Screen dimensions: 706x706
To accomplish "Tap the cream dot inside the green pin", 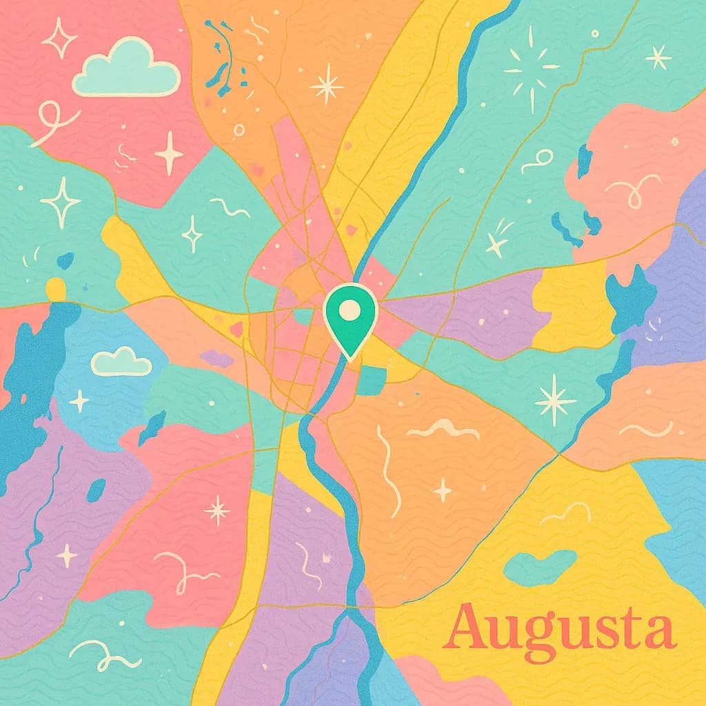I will pyautogui.click(x=350, y=310).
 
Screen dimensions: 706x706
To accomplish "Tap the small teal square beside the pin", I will pyautogui.click(x=372, y=381).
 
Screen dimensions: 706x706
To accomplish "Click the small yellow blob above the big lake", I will pyautogui.click(x=56, y=288).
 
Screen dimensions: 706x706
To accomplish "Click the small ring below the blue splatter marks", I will pyautogui.click(x=239, y=129).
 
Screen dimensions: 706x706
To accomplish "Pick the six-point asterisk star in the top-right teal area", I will pyautogui.click(x=658, y=57).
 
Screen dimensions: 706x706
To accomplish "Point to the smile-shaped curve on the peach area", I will pyautogui.click(x=645, y=430).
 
